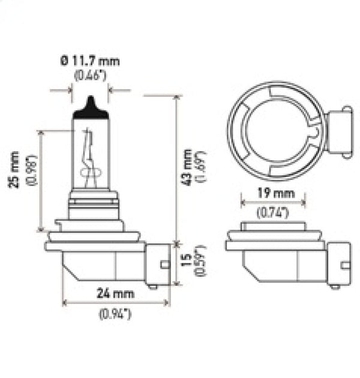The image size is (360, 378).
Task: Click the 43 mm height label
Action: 187,167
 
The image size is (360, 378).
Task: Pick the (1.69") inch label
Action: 202,167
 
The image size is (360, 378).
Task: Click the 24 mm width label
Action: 116,293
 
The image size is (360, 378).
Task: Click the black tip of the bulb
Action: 90,106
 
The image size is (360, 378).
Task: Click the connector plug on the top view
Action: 339,131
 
